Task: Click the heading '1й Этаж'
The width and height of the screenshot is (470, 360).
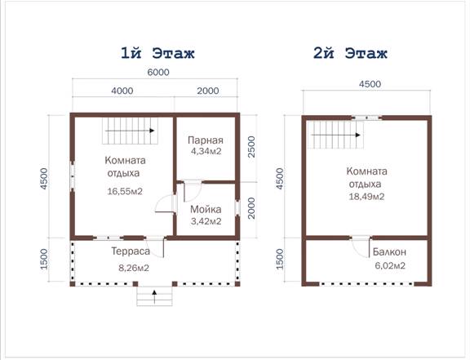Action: (157, 53)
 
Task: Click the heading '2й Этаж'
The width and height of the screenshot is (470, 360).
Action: (350, 53)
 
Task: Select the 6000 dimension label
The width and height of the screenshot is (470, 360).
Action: (158, 73)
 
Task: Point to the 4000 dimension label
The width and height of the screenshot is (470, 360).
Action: (122, 91)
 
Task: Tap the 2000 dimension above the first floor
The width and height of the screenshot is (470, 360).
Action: (208, 91)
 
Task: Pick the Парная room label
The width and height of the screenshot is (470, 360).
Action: (206, 140)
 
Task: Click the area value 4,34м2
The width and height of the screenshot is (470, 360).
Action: (206, 151)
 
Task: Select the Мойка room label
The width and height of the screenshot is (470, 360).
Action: (206, 210)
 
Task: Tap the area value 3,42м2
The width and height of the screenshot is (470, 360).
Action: (206, 221)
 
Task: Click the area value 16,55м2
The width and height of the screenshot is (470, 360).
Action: (125, 191)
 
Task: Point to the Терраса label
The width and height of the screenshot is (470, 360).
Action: (131, 251)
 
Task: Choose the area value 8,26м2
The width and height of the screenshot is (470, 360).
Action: (134, 268)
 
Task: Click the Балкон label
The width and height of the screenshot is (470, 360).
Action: (389, 251)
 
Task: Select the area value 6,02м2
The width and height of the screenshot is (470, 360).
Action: (390, 265)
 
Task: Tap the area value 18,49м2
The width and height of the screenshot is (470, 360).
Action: (366, 197)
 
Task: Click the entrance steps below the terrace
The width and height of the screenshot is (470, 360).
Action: (155, 296)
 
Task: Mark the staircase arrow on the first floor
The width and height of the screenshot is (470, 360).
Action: (130, 131)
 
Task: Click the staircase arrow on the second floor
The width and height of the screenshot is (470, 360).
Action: (335, 135)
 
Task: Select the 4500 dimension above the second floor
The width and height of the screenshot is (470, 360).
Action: (370, 84)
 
